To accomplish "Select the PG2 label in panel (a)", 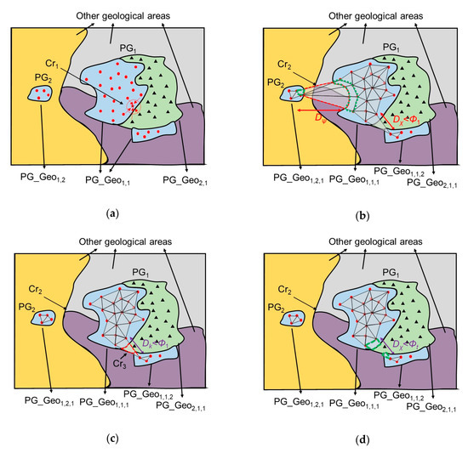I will tap(42, 78).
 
